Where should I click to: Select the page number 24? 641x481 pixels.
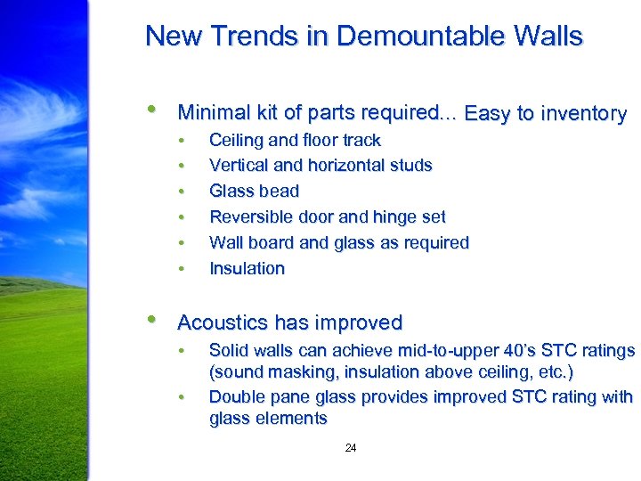pos(351,448)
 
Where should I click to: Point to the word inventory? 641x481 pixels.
pos(583,114)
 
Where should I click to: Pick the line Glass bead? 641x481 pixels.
pos(254,191)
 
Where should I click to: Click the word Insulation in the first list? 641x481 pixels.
pos(247,268)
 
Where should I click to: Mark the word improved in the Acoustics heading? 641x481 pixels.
pos(365,322)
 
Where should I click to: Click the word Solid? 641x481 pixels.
pos(228,351)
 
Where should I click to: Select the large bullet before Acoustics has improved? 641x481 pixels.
pos(154,320)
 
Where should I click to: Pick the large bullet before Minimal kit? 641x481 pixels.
pos(154,110)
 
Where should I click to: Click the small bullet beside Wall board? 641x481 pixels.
pos(181,243)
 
